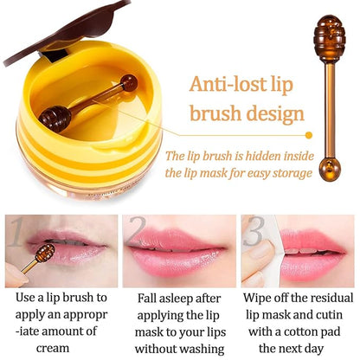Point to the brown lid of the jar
click(x=52, y=26)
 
